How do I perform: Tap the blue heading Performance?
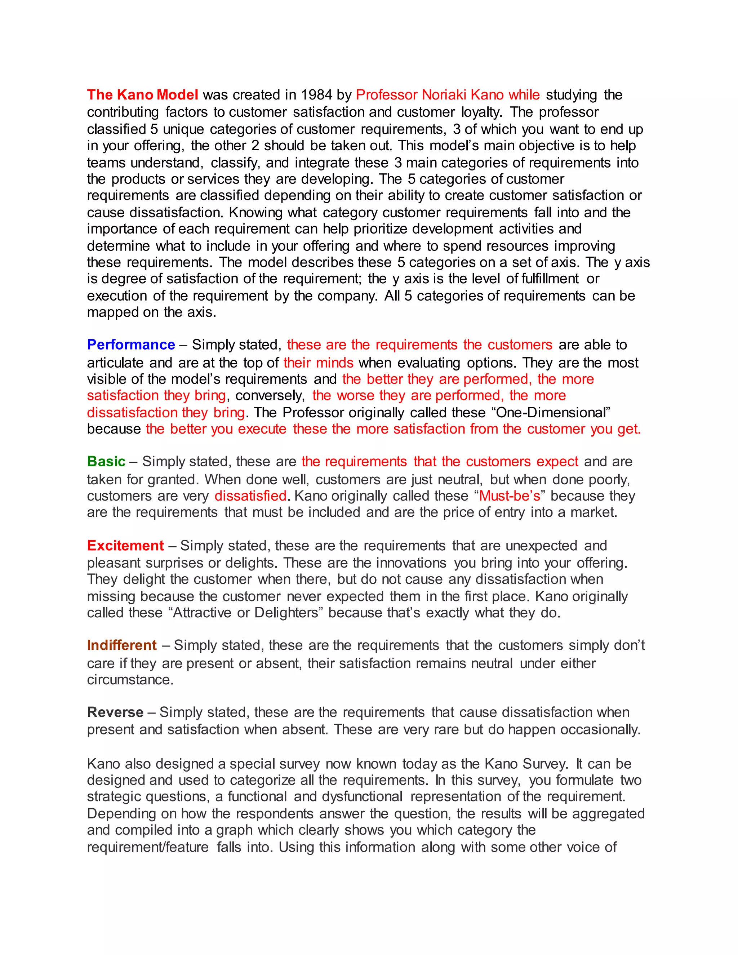(131, 345)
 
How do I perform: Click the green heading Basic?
(106, 461)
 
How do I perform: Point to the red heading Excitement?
(125, 546)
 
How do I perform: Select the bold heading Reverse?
(115, 712)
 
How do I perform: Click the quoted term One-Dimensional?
(553, 412)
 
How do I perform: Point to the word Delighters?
(286, 613)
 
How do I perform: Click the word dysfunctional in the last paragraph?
(362, 797)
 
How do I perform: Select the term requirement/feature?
(148, 847)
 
